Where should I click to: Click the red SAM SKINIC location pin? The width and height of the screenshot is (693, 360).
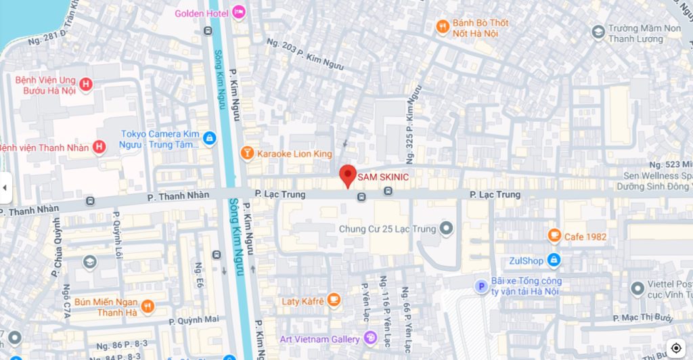click(x=347, y=175)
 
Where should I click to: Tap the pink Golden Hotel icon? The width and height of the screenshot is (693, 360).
click(x=238, y=13)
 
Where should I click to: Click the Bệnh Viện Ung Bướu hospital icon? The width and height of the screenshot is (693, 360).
click(x=85, y=85)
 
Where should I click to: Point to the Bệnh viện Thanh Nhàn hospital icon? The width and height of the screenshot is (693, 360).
click(x=99, y=147)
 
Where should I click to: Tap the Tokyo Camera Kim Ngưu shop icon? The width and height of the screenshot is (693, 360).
click(x=209, y=139)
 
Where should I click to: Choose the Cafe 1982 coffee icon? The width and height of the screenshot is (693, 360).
click(x=554, y=236)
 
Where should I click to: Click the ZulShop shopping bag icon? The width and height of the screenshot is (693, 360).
click(x=554, y=261)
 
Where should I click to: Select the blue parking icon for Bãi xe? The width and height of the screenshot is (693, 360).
click(x=481, y=286)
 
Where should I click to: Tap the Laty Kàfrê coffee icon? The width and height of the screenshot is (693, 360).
click(x=333, y=300)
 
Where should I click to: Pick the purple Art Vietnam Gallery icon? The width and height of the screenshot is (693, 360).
click(x=370, y=338)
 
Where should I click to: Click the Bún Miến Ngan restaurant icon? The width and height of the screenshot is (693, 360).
click(x=148, y=307)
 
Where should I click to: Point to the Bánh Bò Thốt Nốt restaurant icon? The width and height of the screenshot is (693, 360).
click(x=443, y=27)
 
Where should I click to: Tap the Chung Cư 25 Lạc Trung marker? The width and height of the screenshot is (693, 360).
click(x=446, y=229)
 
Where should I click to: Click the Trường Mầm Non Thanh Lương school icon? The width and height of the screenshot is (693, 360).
click(x=598, y=32)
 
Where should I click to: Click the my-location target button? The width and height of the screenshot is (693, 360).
click(x=675, y=348)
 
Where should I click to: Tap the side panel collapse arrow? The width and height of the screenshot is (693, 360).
click(x=5, y=188)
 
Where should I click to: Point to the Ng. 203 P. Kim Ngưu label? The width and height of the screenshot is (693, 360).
click(x=305, y=54)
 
